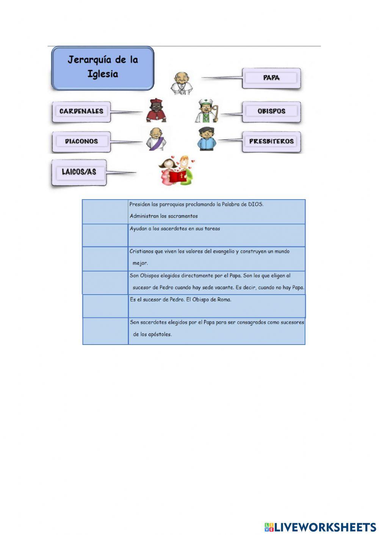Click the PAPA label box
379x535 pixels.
point(271,78)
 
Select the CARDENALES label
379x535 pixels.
point(81,111)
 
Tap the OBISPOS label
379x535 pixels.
point(271,111)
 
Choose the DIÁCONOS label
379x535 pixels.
point(81,142)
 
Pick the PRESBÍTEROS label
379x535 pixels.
point(271,142)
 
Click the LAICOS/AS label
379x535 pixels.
point(79,172)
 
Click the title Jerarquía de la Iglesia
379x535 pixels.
point(103,67)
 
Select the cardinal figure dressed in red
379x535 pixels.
point(156,111)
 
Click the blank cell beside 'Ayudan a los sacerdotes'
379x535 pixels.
point(105,235)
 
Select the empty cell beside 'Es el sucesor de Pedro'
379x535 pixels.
point(105,306)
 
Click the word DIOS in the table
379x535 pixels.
point(255,204)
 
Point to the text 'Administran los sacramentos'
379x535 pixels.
point(164,216)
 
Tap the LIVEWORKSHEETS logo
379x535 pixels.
point(320,527)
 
